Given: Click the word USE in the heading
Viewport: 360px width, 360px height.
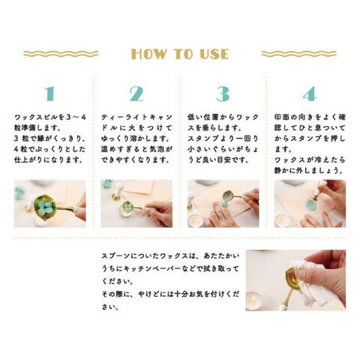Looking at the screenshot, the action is coord(214,54).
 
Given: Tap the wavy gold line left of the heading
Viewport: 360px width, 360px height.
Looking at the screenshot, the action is coord(61,54).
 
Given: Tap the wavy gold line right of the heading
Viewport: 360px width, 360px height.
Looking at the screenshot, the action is coord(299,54).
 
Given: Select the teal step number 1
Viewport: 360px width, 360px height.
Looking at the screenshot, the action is coord(49,94).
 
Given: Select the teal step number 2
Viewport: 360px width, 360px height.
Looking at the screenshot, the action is coord(136,94).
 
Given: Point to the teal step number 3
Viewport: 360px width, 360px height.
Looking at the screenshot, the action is coord(223,94).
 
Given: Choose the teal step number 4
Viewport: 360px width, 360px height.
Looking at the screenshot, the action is coord(310,94).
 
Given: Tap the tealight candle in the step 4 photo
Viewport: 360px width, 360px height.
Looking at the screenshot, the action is coord(282,220).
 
